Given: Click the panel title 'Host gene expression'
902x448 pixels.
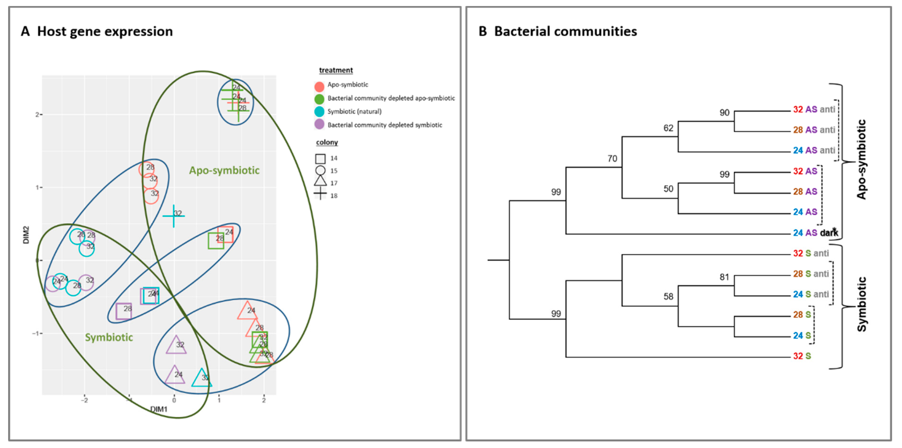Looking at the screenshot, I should (105, 32).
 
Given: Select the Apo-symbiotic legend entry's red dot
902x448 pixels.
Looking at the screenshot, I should (319, 86).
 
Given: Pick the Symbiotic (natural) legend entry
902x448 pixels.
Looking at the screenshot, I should (354, 111).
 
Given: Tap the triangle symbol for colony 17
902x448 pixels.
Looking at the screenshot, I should (320, 181).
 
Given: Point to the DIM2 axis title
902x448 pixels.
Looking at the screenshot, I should (26, 235).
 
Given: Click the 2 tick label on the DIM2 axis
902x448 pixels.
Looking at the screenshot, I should (37, 114).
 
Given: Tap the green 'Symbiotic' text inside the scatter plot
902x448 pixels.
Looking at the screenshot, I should (109, 337).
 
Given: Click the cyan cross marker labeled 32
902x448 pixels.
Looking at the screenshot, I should (174, 216).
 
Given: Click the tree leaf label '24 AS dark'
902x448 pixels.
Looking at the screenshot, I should (815, 233).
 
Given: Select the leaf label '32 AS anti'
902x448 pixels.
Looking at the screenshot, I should (814, 109).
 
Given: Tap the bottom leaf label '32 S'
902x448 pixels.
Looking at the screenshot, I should (802, 356).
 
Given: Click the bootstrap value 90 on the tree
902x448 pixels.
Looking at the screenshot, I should (724, 113).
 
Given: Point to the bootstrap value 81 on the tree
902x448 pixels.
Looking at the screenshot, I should (724, 277).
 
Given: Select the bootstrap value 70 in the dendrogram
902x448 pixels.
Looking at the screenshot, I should (612, 159).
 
